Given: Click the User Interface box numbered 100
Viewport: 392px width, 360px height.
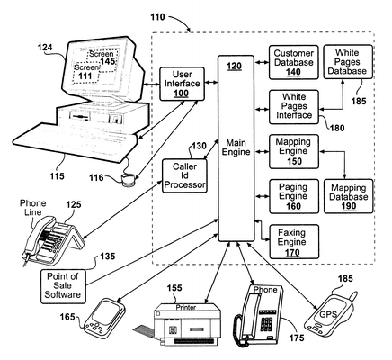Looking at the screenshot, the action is tap(182, 84).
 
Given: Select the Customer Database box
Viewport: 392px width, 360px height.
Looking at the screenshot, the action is tap(293, 62).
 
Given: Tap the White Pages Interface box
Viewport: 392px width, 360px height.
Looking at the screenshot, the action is tap(293, 107).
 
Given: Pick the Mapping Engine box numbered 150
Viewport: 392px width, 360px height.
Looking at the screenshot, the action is tap(294, 152).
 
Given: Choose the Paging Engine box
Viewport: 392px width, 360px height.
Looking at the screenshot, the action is tap(294, 196).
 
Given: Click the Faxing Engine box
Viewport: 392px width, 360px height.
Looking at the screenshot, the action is tap(294, 242).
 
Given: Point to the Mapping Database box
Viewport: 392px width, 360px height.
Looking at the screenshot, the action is tap(349, 196).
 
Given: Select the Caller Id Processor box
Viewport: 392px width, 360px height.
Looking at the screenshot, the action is tap(184, 175).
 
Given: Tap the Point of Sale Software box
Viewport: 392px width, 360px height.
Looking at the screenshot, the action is tap(63, 286).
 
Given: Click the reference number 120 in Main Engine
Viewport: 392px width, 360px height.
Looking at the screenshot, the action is tap(234, 67).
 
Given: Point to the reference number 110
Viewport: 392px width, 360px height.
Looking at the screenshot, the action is tap(157, 17).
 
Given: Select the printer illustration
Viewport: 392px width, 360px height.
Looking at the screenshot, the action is tap(179, 324).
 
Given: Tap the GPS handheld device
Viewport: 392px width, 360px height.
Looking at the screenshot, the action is tap(329, 313).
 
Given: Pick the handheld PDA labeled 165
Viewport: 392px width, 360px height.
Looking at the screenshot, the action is tap(104, 317).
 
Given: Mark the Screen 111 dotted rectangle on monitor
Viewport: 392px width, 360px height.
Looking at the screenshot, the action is tap(86, 72).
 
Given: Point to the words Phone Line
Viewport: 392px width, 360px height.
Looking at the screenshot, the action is tap(32, 208).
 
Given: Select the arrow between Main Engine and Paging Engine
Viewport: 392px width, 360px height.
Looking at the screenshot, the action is tap(263, 196).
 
